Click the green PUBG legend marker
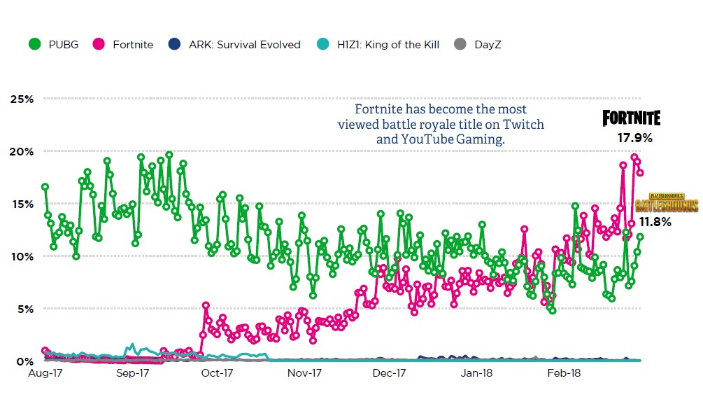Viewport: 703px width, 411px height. (34, 44)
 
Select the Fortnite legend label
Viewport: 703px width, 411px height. (132, 45)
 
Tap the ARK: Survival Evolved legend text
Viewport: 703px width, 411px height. (244, 45)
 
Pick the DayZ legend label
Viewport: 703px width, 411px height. (488, 45)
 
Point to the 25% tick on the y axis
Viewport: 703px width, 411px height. (22, 99)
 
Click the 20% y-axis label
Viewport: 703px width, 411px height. (22, 151)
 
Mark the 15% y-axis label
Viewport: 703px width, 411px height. (22, 204)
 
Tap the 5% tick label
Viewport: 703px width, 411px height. (25, 309)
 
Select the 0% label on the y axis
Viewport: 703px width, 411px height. (25, 361)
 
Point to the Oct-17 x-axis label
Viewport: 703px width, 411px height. (217, 374)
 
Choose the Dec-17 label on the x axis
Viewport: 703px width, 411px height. (390, 374)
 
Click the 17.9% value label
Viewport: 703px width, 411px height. (634, 138)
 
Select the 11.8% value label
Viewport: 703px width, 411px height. (654, 223)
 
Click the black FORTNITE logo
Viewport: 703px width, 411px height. (632, 118)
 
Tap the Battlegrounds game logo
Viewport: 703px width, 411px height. (667, 202)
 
